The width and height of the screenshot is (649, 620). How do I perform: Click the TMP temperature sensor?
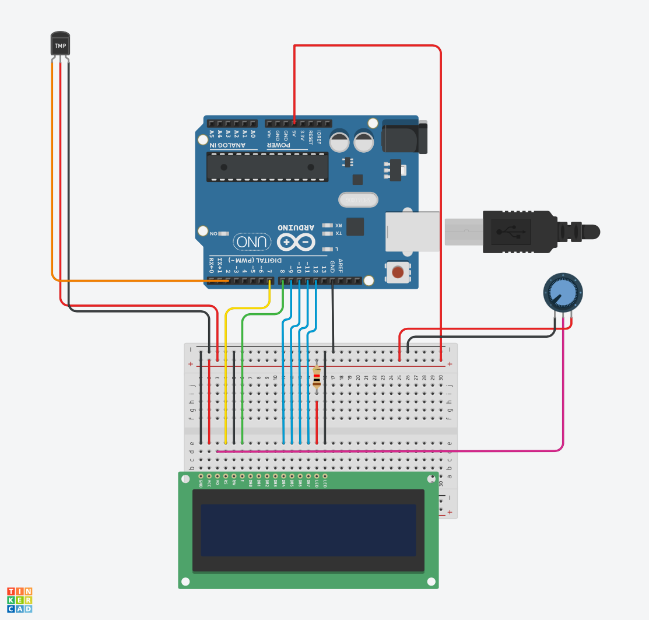[x=60, y=44]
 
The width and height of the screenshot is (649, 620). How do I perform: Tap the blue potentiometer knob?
[x=563, y=292]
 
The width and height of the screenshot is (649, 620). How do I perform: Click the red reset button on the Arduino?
[x=398, y=272]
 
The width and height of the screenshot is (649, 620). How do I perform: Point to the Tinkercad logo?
[x=20, y=600]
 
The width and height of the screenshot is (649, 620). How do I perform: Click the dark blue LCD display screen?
[x=308, y=530]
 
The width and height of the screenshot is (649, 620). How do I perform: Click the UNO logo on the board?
[x=252, y=241]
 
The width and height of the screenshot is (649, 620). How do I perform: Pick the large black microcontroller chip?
[x=268, y=167]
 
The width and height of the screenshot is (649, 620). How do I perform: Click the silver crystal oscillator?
[x=358, y=199]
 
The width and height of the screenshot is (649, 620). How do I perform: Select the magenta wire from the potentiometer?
[x=563, y=397]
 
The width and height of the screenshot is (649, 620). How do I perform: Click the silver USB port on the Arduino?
[x=412, y=231]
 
